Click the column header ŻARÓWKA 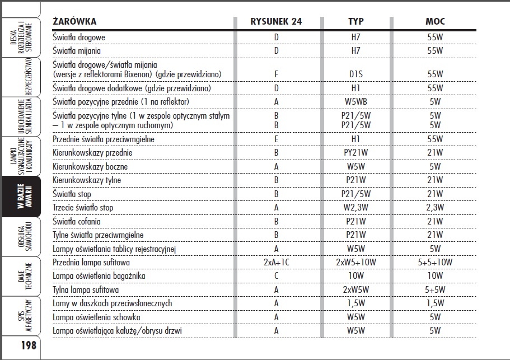[x=74, y=21]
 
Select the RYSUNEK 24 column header [x=276, y=21]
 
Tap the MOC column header [x=435, y=21]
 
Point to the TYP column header [x=355, y=21]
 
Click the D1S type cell [x=355, y=74]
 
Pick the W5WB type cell [x=355, y=102]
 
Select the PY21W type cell [x=355, y=152]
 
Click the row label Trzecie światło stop [x=83, y=208]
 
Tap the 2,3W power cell [x=435, y=208]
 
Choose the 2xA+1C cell [x=276, y=262]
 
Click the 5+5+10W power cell [x=435, y=262]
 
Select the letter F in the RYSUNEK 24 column [x=276, y=74]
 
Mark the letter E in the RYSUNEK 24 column [x=276, y=139]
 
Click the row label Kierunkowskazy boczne [x=90, y=166]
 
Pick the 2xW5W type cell [x=355, y=289]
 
